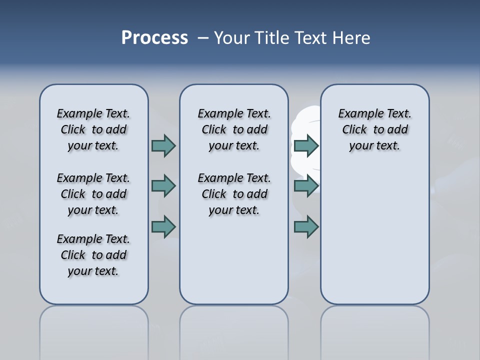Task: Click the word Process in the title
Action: (x=154, y=38)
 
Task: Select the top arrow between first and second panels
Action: (x=163, y=145)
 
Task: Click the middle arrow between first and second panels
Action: (x=163, y=186)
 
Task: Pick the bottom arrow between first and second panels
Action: (x=163, y=227)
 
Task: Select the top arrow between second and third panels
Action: (x=306, y=145)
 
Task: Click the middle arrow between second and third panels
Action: (x=306, y=186)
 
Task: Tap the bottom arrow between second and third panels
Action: (x=306, y=227)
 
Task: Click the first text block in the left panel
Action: (x=93, y=129)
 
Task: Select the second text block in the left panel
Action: (x=93, y=194)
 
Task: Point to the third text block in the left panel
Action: (x=93, y=255)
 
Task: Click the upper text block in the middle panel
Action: (x=234, y=129)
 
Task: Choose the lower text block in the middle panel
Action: (x=234, y=194)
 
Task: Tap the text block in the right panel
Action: (x=374, y=129)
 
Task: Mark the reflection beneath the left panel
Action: (x=93, y=330)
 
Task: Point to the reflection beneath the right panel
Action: (x=374, y=330)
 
